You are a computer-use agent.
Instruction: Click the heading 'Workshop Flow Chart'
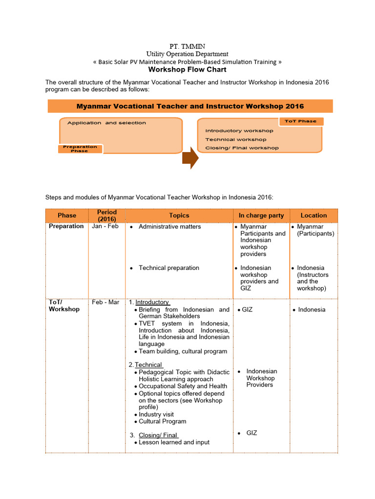click(187, 70)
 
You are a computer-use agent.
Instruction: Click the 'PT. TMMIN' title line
click(187, 46)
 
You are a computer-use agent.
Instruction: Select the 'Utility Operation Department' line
click(187, 54)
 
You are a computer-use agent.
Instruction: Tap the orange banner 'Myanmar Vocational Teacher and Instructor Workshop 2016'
click(190, 106)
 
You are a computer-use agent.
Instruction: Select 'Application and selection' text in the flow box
click(106, 123)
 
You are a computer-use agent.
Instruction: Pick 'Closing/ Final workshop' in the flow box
click(242, 148)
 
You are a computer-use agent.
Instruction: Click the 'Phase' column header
click(67, 215)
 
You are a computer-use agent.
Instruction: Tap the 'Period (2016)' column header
click(106, 215)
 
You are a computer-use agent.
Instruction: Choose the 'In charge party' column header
click(261, 215)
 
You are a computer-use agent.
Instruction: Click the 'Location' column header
click(313, 215)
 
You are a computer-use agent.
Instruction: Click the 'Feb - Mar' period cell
click(105, 302)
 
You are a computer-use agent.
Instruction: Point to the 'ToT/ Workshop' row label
click(63, 306)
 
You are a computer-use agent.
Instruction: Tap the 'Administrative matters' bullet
click(169, 227)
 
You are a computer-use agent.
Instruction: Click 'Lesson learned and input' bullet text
click(174, 442)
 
